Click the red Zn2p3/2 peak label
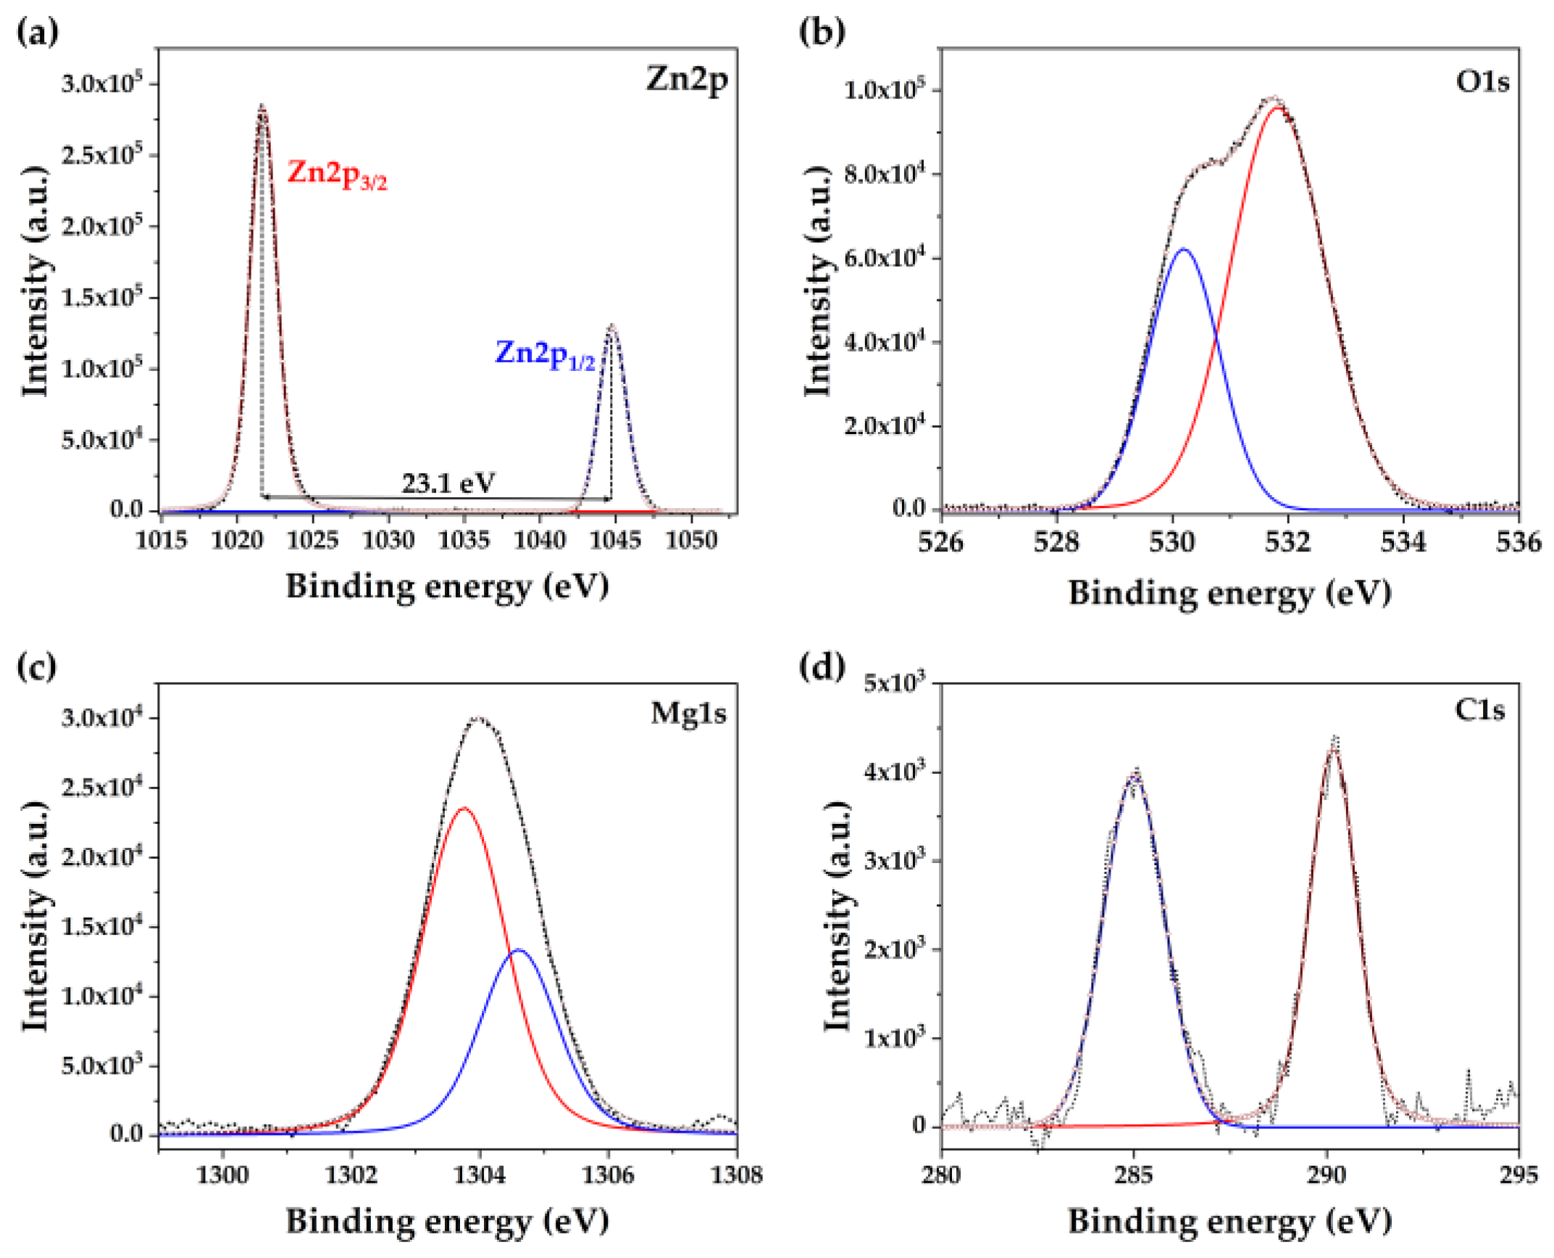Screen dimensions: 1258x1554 [x=337, y=175]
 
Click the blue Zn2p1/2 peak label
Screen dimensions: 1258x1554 [x=545, y=355]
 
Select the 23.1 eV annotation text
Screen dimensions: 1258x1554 [x=448, y=483]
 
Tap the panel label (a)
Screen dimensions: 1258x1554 [x=37, y=33]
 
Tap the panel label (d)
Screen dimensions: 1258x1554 [x=822, y=667]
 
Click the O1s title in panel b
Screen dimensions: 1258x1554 [x=1482, y=82]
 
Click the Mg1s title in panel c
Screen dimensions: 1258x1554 [x=688, y=714]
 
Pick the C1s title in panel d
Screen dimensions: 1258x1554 [x=1479, y=710]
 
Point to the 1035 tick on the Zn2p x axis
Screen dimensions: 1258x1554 [x=464, y=540]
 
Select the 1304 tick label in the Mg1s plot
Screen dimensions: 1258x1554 [x=480, y=1175]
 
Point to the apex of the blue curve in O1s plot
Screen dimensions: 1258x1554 [x=1184, y=249]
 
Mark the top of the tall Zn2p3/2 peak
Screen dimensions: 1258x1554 [x=262, y=107]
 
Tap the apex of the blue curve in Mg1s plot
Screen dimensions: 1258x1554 [x=518, y=949]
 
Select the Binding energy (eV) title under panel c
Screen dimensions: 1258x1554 [x=447, y=1221]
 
